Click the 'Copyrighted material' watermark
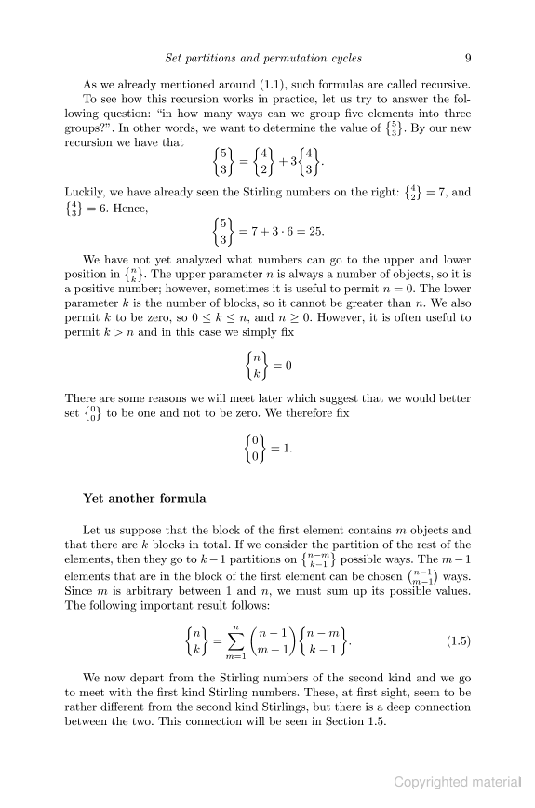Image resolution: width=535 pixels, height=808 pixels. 460,783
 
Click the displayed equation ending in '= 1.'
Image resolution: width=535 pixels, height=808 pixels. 268,450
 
